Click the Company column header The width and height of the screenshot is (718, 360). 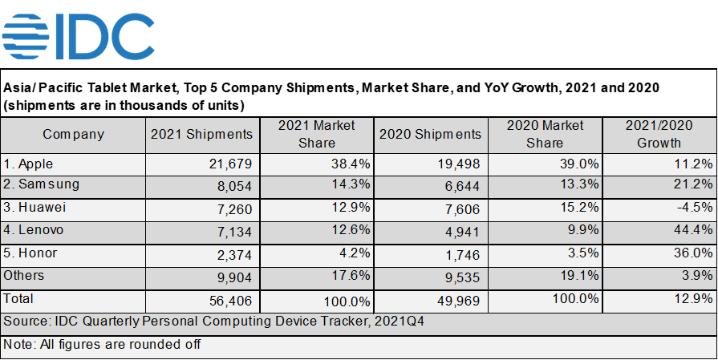tap(73, 135)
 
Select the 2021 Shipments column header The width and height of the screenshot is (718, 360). tap(201, 135)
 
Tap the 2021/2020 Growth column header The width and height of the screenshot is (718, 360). tap(659, 135)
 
